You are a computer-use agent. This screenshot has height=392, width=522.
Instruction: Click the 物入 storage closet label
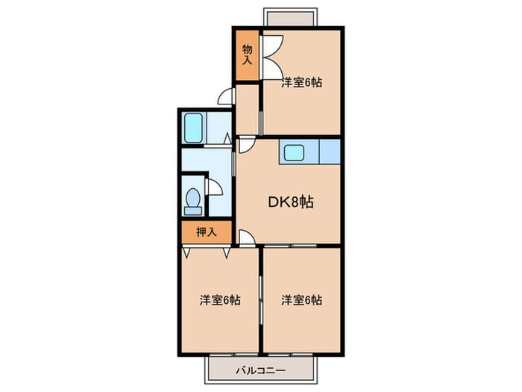(247, 55)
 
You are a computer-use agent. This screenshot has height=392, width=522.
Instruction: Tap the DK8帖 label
(290, 202)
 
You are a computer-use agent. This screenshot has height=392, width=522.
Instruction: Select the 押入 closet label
(206, 232)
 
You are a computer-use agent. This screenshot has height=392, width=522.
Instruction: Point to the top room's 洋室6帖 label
(301, 83)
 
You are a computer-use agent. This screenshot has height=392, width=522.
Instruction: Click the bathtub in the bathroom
(194, 128)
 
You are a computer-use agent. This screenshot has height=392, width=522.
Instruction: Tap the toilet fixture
(192, 200)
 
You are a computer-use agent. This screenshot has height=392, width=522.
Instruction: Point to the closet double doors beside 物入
(269, 55)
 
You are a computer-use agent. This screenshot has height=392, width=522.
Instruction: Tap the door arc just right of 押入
(247, 237)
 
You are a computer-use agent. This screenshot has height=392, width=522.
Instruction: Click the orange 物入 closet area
(247, 67)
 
